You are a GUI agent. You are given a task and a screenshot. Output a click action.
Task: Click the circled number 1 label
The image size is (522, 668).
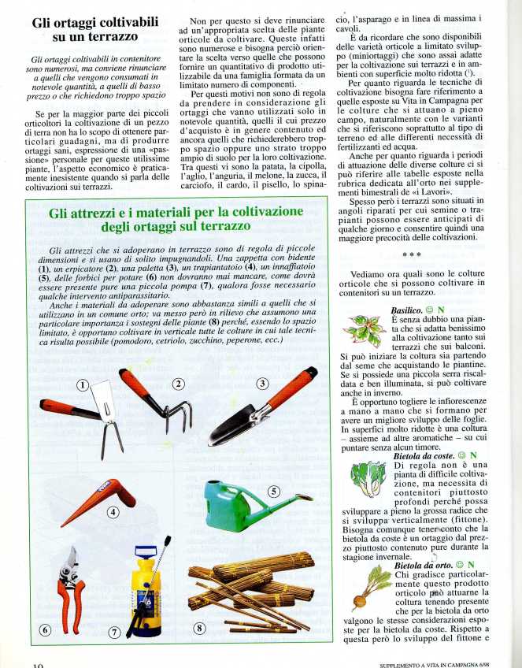(84, 385)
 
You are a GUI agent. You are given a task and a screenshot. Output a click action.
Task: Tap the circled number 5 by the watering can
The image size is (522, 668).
(274, 490)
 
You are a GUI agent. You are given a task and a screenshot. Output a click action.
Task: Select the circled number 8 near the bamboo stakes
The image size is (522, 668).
(198, 628)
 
